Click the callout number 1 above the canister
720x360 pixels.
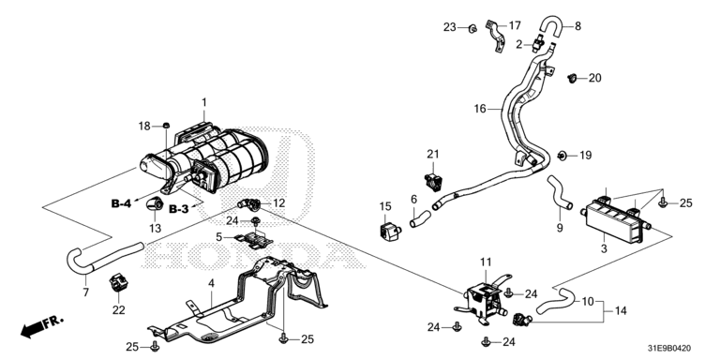coord(204,102)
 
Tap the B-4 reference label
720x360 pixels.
coord(121,202)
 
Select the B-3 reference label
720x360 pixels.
coord(179,209)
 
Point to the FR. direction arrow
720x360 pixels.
coord(42,326)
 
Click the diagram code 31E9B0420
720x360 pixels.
coord(673,349)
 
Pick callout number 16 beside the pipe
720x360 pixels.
coord(480,109)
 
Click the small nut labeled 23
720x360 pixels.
coord(472,29)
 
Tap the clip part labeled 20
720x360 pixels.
coord(572,78)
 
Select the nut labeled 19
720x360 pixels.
coord(562,157)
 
